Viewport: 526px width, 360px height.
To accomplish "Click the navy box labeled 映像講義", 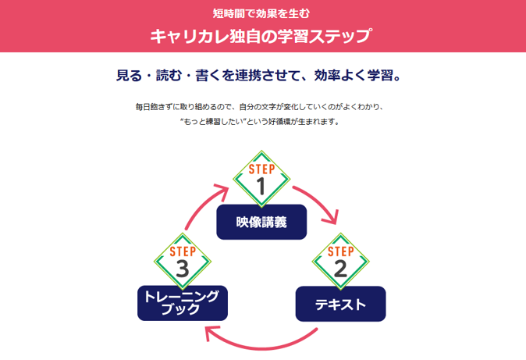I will [261, 222].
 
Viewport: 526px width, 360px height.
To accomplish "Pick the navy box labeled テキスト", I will [340, 304].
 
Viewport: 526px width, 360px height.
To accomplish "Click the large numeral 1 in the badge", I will [261, 186].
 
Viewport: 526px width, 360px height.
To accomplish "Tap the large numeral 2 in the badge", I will [340, 269].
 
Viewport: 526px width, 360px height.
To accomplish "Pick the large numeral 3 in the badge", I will [183, 269].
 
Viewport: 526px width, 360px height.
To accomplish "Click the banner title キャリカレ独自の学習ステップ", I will [261, 36].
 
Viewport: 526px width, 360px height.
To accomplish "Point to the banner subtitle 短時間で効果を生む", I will [261, 12].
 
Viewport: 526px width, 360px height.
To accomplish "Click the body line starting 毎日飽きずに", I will [261, 106].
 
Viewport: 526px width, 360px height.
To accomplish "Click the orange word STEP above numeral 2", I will [340, 251].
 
